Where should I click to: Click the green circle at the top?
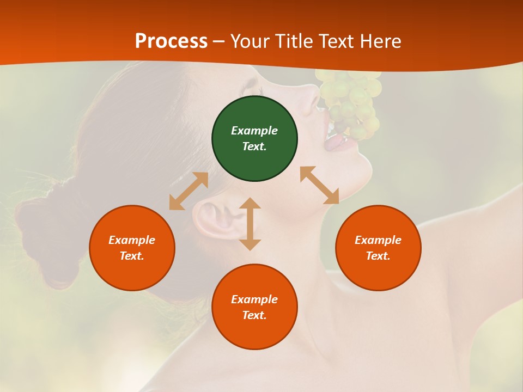pos(254,139)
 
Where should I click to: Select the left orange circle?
pos(132,248)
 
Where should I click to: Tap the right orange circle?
pos(378,248)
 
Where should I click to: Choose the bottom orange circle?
pos(254,307)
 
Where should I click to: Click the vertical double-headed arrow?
pos(250,224)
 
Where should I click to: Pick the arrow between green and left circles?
pos(188,191)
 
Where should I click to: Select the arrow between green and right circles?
pos(320,185)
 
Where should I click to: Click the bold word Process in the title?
pos(171,41)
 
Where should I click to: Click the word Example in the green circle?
pos(254,131)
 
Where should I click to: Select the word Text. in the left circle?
pos(132,256)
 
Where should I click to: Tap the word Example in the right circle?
pos(378,240)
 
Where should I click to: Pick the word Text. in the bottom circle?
pos(254,315)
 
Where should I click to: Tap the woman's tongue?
pos(335,142)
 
